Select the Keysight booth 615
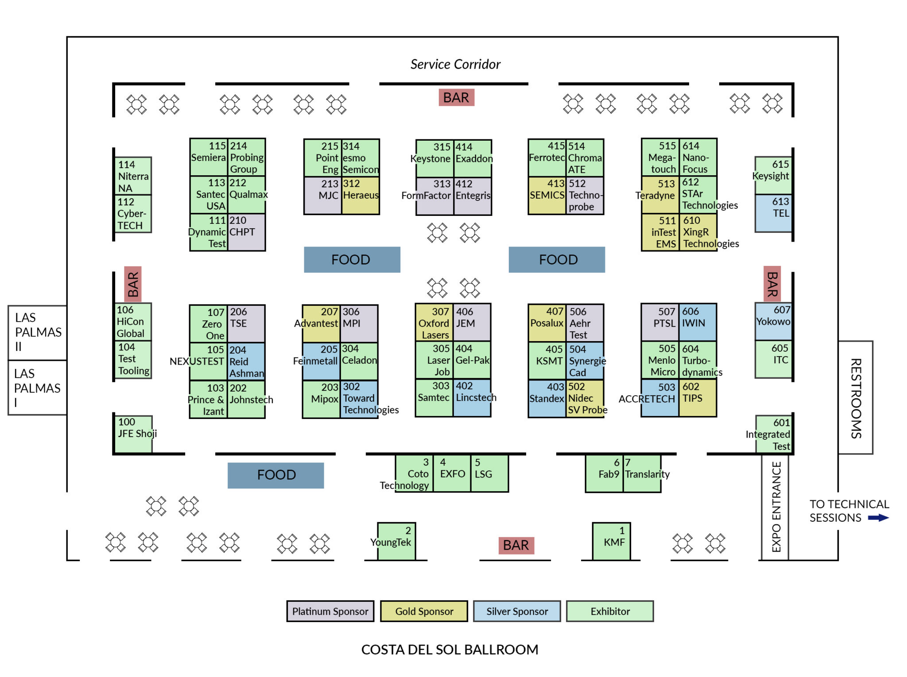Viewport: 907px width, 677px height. [x=773, y=175]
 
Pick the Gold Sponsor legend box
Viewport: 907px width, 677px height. [x=424, y=611]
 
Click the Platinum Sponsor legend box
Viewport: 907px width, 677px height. [x=330, y=611]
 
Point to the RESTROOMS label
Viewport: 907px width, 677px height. [x=855, y=398]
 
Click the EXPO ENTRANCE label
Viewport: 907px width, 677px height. [x=775, y=507]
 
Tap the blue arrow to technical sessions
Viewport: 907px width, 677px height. [x=878, y=518]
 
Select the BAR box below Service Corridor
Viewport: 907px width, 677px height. [x=456, y=97]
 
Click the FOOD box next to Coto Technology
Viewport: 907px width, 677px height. [x=275, y=475]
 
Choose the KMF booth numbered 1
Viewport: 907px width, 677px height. [x=611, y=541]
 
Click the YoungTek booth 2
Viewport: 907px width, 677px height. [x=396, y=541]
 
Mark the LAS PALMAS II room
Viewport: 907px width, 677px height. [x=38, y=332]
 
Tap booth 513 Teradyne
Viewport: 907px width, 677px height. [x=660, y=195]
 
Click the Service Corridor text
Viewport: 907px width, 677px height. [x=455, y=65]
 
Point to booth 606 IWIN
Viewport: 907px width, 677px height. [x=697, y=322]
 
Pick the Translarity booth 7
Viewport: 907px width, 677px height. [x=642, y=473]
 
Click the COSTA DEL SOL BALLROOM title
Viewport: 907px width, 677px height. [x=450, y=649]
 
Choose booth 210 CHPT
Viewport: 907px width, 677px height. [x=246, y=232]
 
